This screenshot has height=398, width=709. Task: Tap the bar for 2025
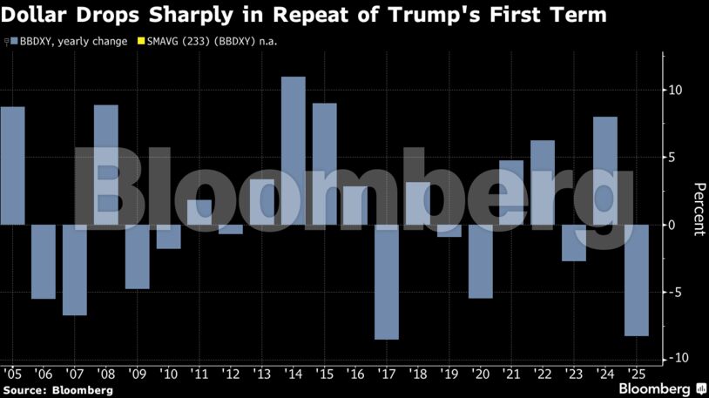click(636, 280)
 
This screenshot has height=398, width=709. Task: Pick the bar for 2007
click(75, 270)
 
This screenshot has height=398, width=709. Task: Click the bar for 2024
click(605, 171)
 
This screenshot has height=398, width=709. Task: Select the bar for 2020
click(481, 261)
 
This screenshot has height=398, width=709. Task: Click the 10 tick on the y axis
click(675, 91)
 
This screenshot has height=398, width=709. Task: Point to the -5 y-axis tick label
click(676, 293)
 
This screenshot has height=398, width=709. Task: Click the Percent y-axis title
click(697, 209)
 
